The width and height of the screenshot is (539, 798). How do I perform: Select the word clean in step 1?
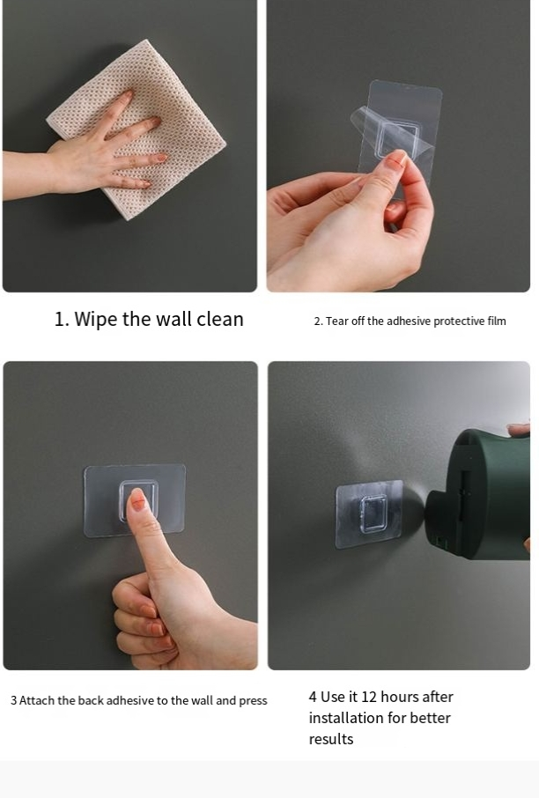[x=220, y=319]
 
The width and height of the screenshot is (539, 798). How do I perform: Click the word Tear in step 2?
[x=335, y=321]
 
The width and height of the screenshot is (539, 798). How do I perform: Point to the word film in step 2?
[x=496, y=321]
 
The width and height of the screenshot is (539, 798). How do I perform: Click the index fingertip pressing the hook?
[x=138, y=499]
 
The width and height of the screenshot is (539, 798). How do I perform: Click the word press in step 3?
[x=253, y=701]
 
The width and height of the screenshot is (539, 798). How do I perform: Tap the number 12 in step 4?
[x=368, y=697]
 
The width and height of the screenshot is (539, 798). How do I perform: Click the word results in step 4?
[x=331, y=739]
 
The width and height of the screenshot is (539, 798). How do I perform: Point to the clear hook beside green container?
[x=369, y=514]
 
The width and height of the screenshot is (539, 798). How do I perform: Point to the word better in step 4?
[x=432, y=718]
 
